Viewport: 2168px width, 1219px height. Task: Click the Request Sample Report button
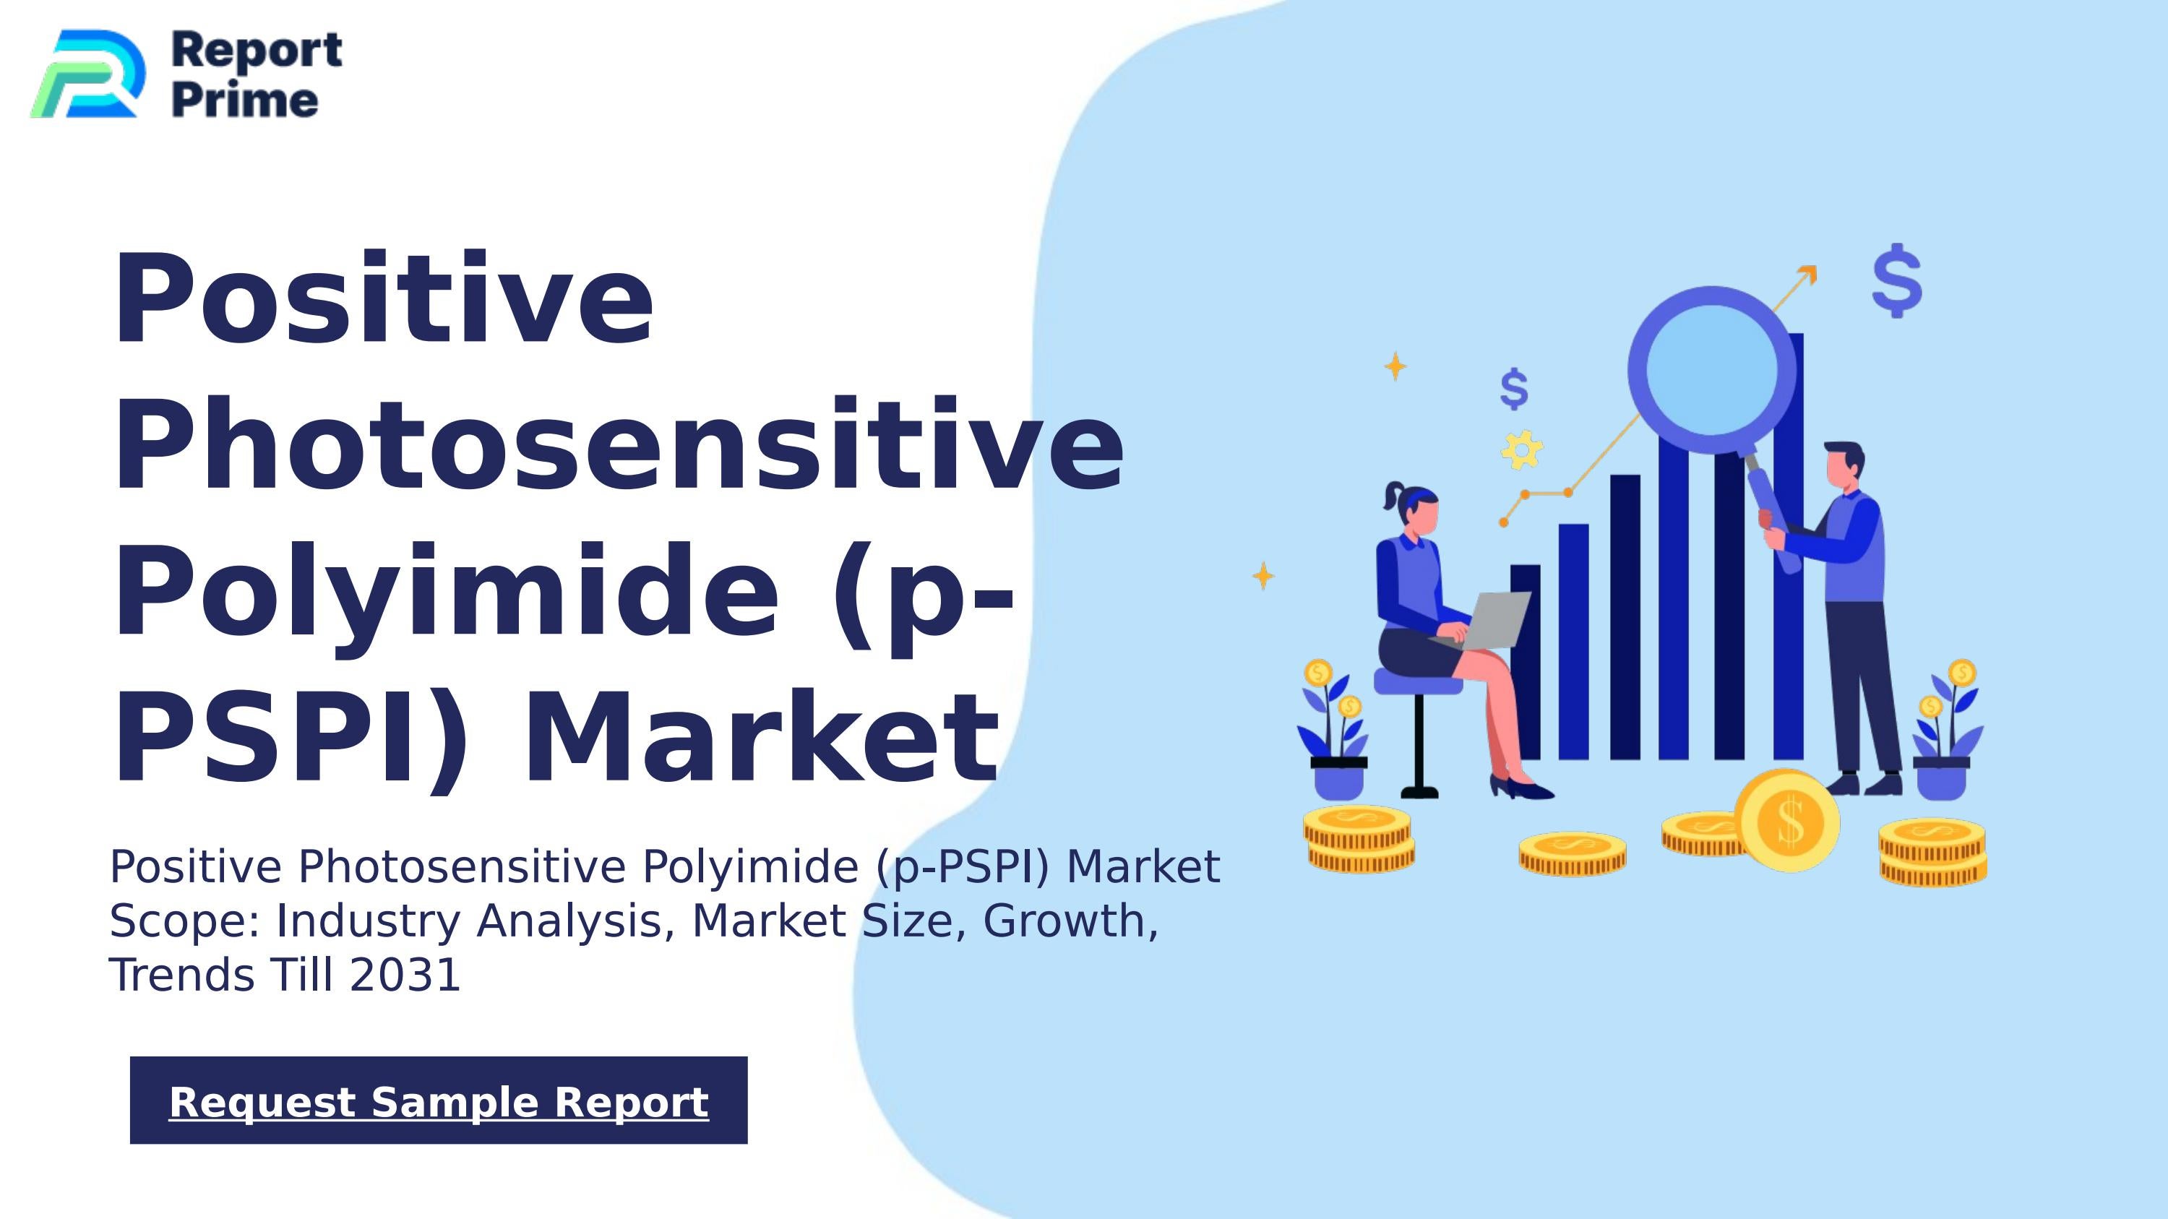(439, 1100)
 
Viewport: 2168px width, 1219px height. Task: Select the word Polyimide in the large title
(447, 591)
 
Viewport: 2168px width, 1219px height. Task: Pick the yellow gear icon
(1522, 450)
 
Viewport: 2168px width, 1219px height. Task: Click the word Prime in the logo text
(245, 101)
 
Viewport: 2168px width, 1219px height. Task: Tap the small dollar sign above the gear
(1514, 389)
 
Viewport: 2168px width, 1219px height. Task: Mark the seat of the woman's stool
(1416, 681)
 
